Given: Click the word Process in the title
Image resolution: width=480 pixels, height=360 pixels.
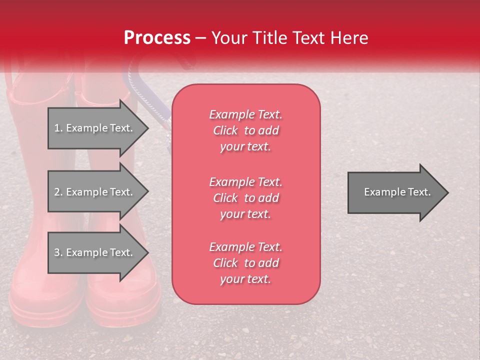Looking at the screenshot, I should (x=157, y=38).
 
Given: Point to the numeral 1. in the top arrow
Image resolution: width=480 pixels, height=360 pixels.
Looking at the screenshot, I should (x=58, y=128).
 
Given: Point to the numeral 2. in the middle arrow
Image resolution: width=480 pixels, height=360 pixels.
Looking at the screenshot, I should (x=58, y=192).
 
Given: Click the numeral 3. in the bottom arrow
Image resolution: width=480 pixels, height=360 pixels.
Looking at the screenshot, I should (x=58, y=252).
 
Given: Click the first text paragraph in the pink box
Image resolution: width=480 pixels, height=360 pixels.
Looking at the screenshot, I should (x=245, y=130).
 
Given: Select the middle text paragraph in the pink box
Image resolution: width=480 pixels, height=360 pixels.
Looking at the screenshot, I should (x=245, y=198).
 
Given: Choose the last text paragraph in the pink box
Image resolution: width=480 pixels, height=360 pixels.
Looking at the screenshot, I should (x=245, y=263).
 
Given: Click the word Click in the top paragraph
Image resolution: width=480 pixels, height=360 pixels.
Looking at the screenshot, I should (x=225, y=130).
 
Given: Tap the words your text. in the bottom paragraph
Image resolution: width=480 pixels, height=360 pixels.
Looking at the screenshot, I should (x=245, y=279).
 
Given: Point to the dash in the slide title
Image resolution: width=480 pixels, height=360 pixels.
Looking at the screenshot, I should (x=200, y=38).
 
